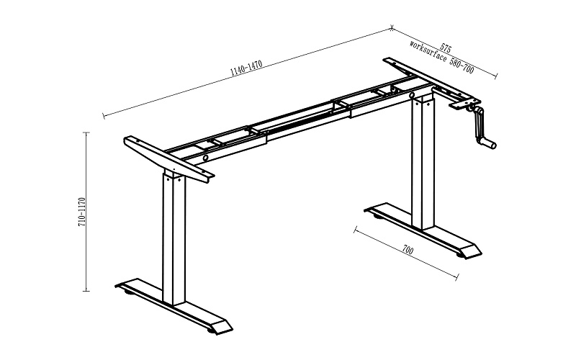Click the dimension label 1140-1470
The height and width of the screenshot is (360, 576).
pos(246,68)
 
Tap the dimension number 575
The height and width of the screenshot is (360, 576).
pos(446,48)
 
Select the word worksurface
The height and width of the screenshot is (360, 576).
pos(428,53)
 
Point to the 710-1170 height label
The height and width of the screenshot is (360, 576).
pos(82,212)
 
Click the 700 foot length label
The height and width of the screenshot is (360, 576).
pos(408,251)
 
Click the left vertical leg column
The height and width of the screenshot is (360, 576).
pos(174,238)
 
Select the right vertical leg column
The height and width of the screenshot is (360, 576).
pos(423,161)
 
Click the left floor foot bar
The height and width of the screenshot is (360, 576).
pos(174,306)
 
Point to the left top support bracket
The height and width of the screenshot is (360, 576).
pos(169,159)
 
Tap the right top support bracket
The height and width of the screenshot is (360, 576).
pos(432,83)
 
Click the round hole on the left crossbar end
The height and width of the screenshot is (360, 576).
pos(205,158)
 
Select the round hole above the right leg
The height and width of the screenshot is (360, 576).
pos(413,96)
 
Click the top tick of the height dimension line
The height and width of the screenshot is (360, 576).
pos(86,132)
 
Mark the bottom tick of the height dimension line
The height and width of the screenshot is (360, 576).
pos(86,291)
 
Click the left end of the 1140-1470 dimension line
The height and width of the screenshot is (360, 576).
pos(104,117)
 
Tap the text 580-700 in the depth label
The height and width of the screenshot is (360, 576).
pos(462,66)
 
